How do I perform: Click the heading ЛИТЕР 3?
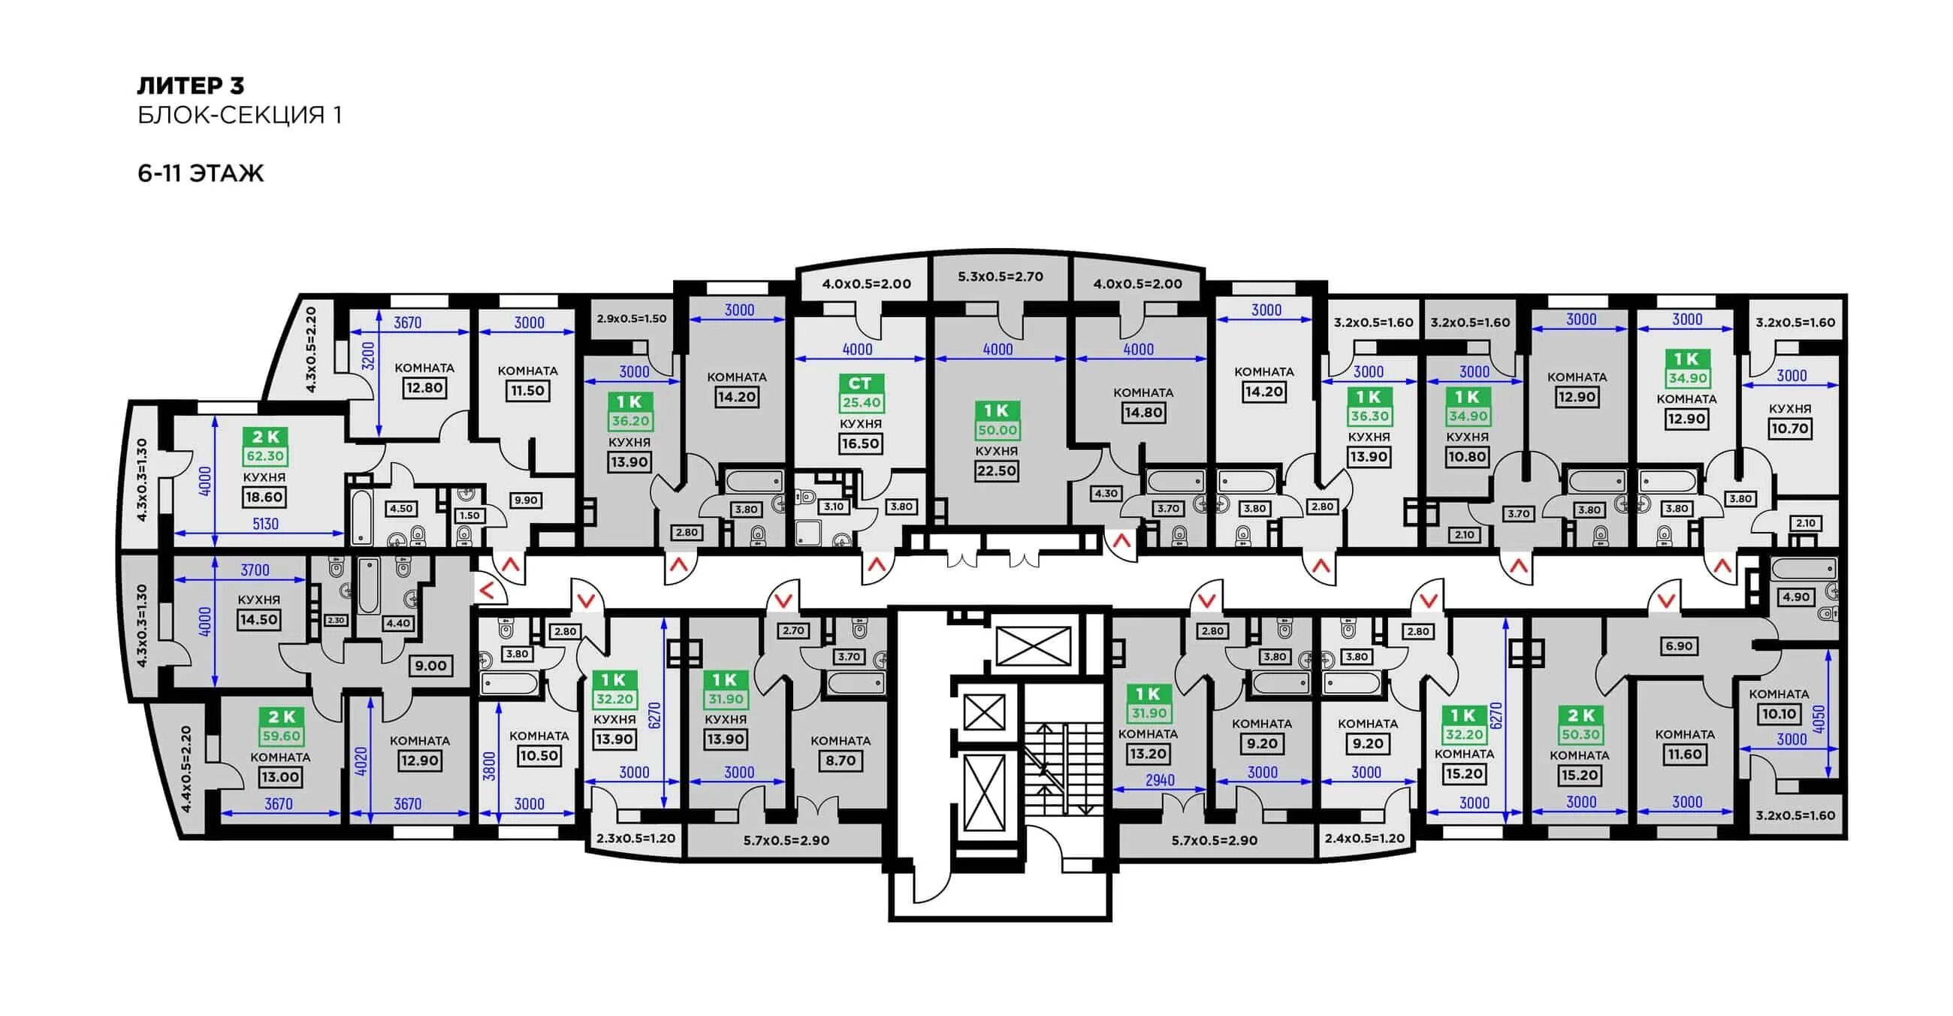click(190, 86)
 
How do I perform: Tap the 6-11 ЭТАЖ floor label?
click(201, 174)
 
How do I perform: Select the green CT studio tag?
click(861, 384)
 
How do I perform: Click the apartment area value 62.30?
click(265, 456)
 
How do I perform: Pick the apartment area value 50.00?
click(997, 431)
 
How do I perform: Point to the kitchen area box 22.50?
click(997, 471)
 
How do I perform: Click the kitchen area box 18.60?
click(264, 497)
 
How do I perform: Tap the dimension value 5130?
click(265, 524)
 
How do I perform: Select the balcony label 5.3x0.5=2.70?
click(1000, 277)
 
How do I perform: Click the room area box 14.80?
click(1143, 413)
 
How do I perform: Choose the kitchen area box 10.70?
click(1789, 429)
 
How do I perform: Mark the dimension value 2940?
click(1160, 780)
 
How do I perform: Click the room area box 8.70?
click(840, 760)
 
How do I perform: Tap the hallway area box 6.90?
click(1679, 647)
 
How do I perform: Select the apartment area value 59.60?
click(281, 736)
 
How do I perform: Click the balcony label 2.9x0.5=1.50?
click(632, 319)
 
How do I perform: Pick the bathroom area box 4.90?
click(1796, 597)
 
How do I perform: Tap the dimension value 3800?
click(490, 766)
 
